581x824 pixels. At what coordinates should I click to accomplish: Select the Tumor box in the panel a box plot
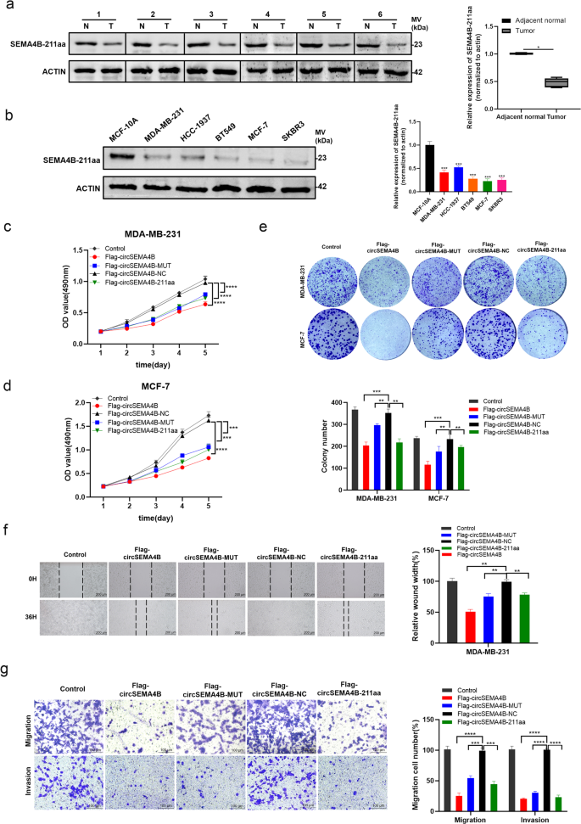(x=534, y=82)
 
